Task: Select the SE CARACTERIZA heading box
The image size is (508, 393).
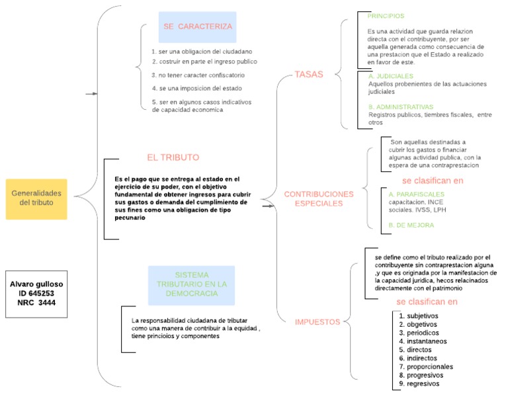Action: pos(197,27)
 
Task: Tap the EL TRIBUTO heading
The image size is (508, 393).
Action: pos(173,157)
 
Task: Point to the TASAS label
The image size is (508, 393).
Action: pos(310,75)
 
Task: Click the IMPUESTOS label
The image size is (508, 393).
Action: pos(317,322)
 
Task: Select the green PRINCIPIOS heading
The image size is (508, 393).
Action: pos(386,16)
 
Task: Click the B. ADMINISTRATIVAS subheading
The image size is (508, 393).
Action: pos(401,107)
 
